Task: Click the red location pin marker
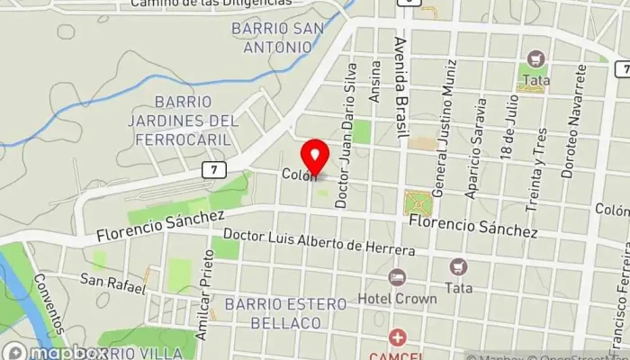coord(315,159)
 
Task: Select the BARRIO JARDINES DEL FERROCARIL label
coord(195,120)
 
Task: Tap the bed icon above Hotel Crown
coord(397,277)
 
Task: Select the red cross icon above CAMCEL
coord(397,338)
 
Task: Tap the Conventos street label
coord(49,314)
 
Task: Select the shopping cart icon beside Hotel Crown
coord(459,267)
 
